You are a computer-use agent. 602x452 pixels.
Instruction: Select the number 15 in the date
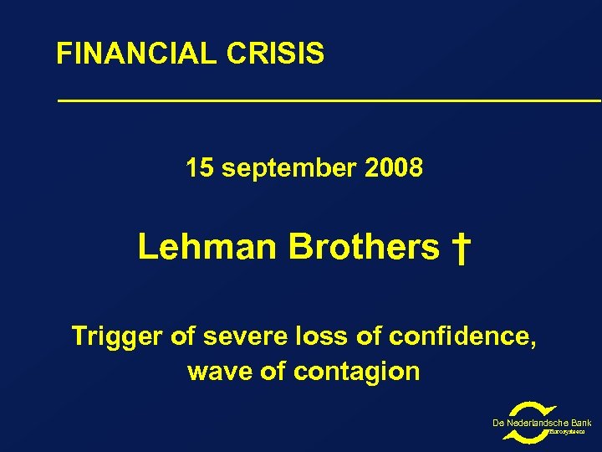pyautogui.click(x=199, y=169)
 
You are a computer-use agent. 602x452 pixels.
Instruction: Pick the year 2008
pyautogui.click(x=394, y=169)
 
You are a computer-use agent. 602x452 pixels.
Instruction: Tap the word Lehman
pyautogui.click(x=207, y=248)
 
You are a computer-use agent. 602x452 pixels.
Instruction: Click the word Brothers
pyautogui.click(x=364, y=248)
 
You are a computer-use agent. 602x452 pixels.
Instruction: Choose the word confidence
pyautogui.click(x=464, y=337)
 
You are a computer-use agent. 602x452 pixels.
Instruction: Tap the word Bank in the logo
pyautogui.click(x=580, y=424)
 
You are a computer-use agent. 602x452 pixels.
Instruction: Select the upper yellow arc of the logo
pyautogui.click(x=526, y=410)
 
